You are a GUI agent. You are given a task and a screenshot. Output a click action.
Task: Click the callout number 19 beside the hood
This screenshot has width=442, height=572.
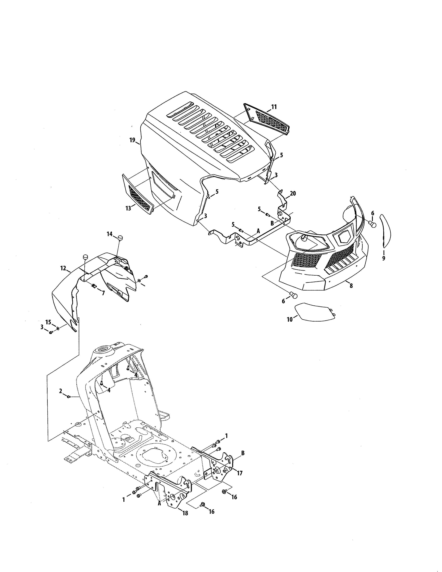pos(132,140)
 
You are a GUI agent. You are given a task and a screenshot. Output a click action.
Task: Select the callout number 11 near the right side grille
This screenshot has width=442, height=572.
pos(274,107)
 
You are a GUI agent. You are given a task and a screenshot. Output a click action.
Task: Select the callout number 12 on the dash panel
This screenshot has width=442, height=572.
pos(63,268)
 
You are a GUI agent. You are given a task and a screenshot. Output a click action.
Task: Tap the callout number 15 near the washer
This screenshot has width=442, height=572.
pos(48,322)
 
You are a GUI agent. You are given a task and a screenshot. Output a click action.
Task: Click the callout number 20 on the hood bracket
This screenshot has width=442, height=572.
pos(293,194)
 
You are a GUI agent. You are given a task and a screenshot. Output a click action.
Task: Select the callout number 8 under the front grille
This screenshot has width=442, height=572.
pos(351,286)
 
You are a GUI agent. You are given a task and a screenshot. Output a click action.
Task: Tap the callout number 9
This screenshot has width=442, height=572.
pos(384,258)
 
